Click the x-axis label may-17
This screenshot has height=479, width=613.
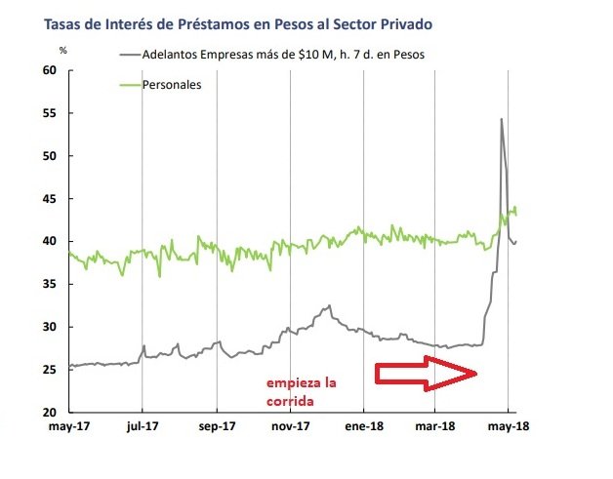(68, 426)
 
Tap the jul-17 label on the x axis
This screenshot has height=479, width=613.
(143, 426)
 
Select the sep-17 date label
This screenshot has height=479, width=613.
(216, 426)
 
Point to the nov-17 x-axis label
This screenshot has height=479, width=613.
(290, 426)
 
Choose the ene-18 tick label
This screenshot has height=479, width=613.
(363, 426)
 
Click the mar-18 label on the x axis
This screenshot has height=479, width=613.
(436, 426)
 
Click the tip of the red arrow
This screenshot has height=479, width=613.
(477, 373)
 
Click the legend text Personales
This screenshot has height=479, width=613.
(173, 85)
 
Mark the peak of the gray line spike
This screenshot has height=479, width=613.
(501, 119)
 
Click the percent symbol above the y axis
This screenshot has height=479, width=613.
(62, 49)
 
